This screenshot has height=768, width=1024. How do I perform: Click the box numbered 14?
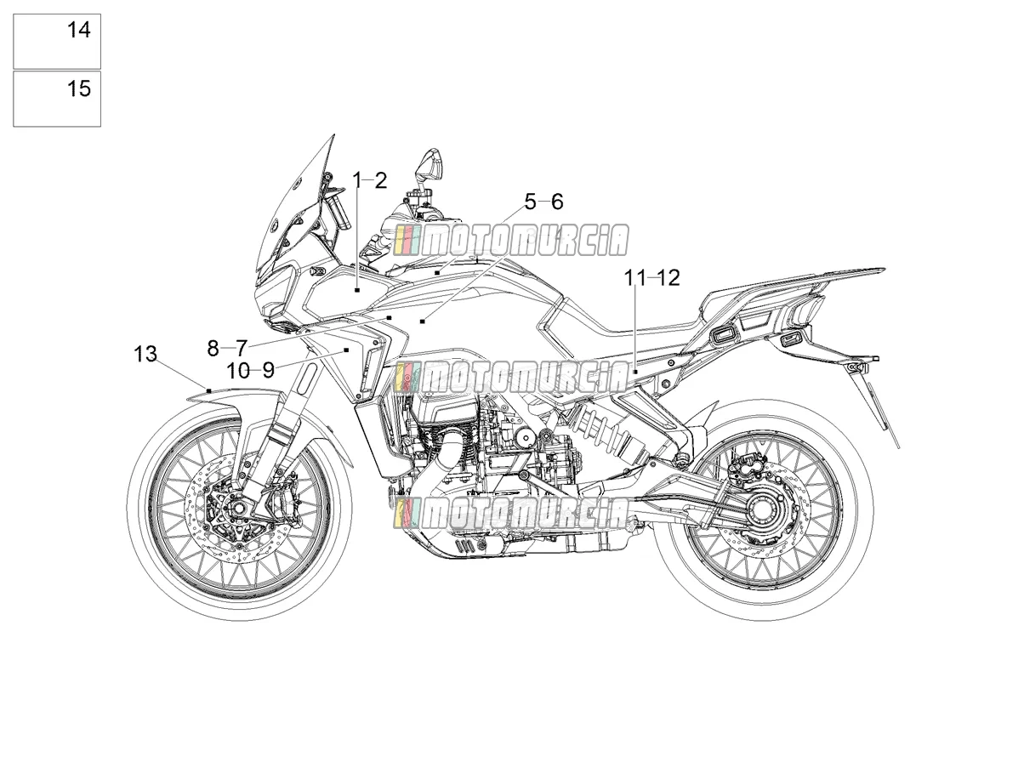click(57, 42)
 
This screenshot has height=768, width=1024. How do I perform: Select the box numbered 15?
click(57, 99)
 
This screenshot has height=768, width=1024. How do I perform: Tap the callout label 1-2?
click(369, 180)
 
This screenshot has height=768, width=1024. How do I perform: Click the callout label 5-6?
click(544, 202)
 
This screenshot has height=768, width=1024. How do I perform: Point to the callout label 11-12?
click(652, 278)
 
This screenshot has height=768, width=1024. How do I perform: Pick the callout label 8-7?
click(227, 348)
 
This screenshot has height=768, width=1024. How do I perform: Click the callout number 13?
click(145, 354)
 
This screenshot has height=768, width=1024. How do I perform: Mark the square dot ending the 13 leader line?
click(209, 390)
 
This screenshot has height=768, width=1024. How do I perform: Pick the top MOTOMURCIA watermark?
click(511, 240)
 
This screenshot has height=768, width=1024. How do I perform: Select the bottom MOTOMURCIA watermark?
click(511, 514)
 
